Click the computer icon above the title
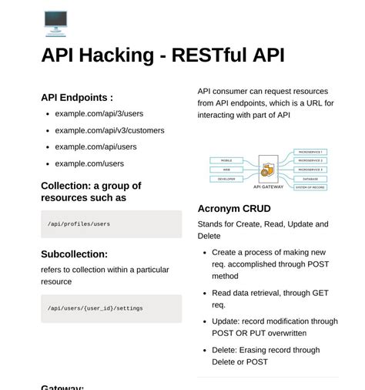55,22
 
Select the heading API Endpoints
77,98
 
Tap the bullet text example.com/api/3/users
99,113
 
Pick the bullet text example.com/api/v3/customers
109,130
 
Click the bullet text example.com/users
89,163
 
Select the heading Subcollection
74,254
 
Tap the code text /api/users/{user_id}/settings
95,308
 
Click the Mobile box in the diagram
226,161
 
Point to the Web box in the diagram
226,170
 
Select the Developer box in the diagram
226,178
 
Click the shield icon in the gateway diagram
268,169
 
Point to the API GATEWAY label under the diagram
268,187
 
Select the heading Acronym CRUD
234,209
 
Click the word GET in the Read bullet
320,293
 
